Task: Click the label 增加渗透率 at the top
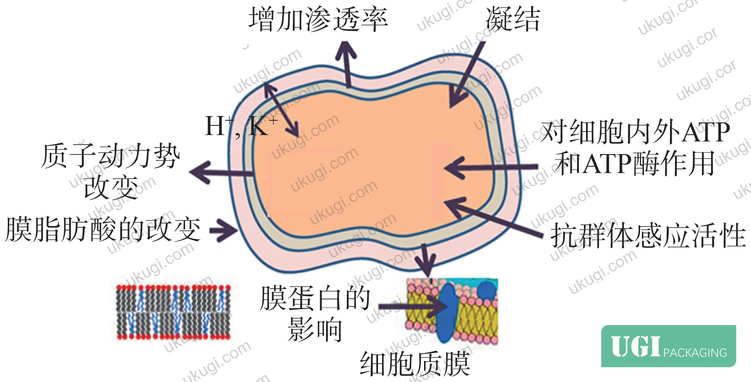(x=318, y=19)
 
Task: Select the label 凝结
(x=513, y=19)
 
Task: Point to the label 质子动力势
(x=111, y=156)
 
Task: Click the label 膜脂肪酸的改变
(x=103, y=230)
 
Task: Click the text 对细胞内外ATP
(x=635, y=132)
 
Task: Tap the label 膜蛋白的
(x=315, y=298)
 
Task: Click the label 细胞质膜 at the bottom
(x=415, y=364)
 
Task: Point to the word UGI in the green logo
(x=635, y=347)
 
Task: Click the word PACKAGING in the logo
(x=695, y=352)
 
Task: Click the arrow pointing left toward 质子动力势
(x=221, y=173)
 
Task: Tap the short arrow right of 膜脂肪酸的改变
(x=224, y=230)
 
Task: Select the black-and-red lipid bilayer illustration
(x=173, y=312)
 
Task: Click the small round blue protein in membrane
(x=486, y=290)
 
